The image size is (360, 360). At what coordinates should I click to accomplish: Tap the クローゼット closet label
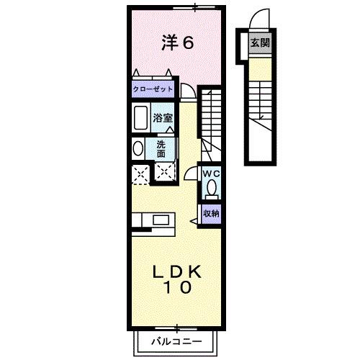(x=153, y=91)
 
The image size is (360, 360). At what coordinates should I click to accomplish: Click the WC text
(x=210, y=174)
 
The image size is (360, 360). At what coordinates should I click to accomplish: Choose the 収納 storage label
(x=210, y=213)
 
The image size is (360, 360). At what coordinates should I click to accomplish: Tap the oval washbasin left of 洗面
(x=138, y=148)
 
